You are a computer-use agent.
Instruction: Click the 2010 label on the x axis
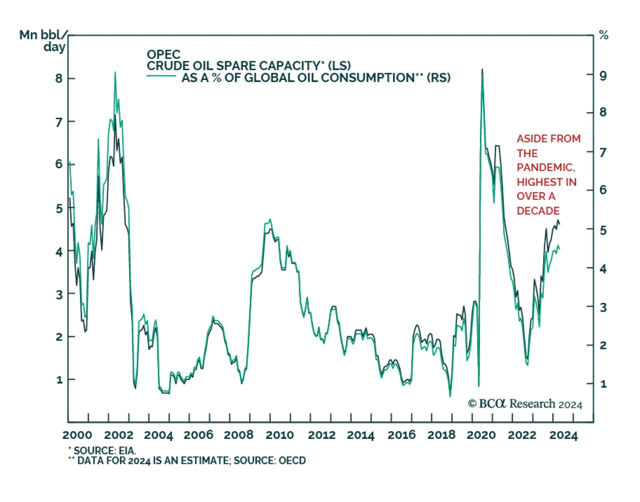click(280, 435)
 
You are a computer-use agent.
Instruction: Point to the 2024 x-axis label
click(563, 435)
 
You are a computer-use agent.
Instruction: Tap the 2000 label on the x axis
click(77, 435)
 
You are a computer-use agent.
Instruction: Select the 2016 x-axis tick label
click(402, 435)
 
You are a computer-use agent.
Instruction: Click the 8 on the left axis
click(59, 78)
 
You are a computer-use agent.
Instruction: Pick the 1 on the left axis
click(60, 380)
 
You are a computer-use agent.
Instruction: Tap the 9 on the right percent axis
click(603, 76)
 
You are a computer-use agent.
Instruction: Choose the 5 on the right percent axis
click(603, 230)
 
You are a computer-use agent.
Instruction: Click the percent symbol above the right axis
click(604, 36)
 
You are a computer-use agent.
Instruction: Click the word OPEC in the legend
click(164, 54)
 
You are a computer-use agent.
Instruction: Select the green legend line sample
click(161, 76)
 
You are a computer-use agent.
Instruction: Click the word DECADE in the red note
click(538, 211)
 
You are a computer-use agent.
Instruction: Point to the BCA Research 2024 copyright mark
click(525, 404)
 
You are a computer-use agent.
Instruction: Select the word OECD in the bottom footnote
click(292, 461)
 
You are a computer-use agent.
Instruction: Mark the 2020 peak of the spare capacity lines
click(482, 70)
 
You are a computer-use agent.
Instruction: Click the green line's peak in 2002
click(115, 72)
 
